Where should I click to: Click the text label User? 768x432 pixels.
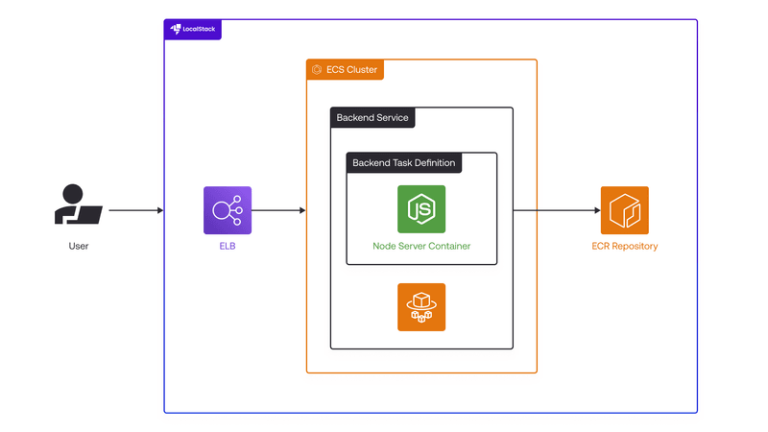click(78, 247)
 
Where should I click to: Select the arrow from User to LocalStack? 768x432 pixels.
click(135, 210)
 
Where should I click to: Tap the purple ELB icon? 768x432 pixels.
click(228, 210)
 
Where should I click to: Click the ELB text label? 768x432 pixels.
click(228, 247)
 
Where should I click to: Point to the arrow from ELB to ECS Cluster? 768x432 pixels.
click(278, 210)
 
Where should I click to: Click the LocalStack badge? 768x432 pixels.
click(193, 30)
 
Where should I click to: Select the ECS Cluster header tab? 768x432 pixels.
click(345, 69)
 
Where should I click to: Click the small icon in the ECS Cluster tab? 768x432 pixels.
click(316, 69)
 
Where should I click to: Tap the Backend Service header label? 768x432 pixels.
click(372, 117)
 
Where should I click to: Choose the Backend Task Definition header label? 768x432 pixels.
click(404, 162)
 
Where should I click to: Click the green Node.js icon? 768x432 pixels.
click(421, 209)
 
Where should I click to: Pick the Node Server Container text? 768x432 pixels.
click(421, 247)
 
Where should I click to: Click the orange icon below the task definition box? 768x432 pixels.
click(421, 307)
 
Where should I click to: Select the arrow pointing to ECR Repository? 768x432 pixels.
click(557, 210)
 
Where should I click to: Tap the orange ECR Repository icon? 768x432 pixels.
click(625, 210)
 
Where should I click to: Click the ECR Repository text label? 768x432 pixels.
click(625, 247)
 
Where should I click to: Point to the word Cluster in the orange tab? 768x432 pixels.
click(361, 69)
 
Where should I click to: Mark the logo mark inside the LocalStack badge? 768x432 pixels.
click(176, 30)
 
